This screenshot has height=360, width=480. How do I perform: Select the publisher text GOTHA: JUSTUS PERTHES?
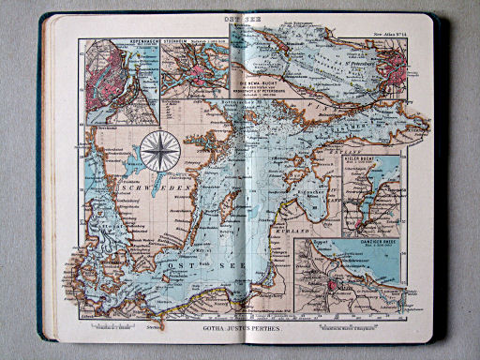pyautogui.click(x=240, y=331)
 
